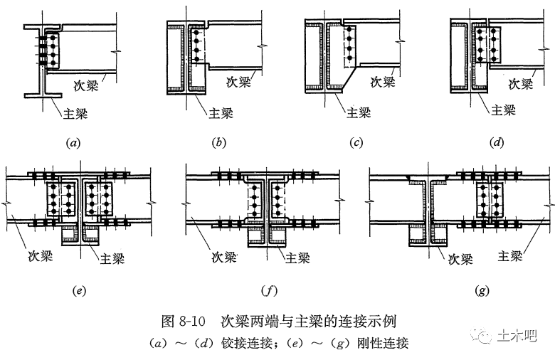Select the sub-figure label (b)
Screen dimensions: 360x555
click(x=218, y=142)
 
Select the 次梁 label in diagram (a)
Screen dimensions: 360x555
click(x=90, y=83)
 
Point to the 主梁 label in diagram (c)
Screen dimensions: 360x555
click(x=358, y=112)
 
